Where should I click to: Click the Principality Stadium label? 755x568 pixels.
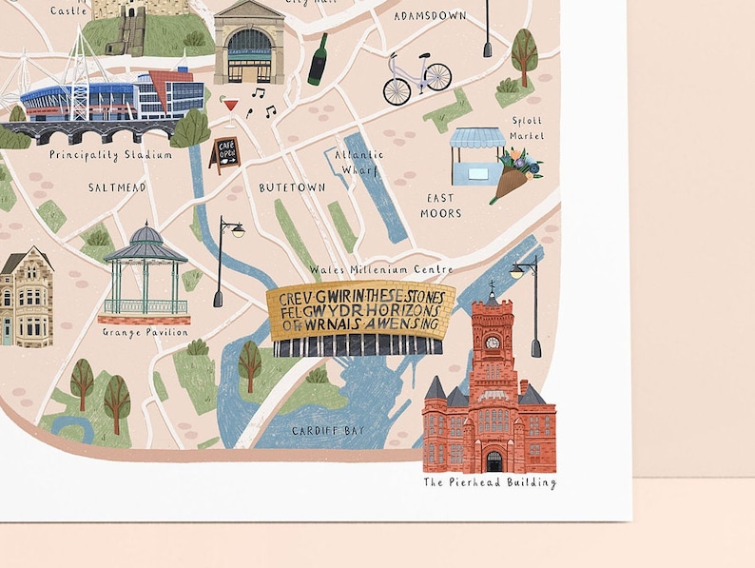click(110, 154)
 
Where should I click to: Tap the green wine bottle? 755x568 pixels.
click(318, 59)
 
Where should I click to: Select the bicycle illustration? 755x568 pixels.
click(416, 79)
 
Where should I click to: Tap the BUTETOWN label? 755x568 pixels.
click(292, 187)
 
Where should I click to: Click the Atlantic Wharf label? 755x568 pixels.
click(358, 161)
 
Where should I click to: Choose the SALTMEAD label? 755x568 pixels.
click(117, 187)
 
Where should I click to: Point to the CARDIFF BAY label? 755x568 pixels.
click(328, 431)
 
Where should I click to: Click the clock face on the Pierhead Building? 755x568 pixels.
click(492, 342)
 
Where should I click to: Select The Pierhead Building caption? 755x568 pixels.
click(490, 482)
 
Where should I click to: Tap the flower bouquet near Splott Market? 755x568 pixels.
click(516, 174)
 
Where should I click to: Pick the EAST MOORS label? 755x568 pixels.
click(440, 206)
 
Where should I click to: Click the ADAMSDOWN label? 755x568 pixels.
click(430, 16)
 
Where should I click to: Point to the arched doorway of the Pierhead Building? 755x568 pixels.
click(494, 461)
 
